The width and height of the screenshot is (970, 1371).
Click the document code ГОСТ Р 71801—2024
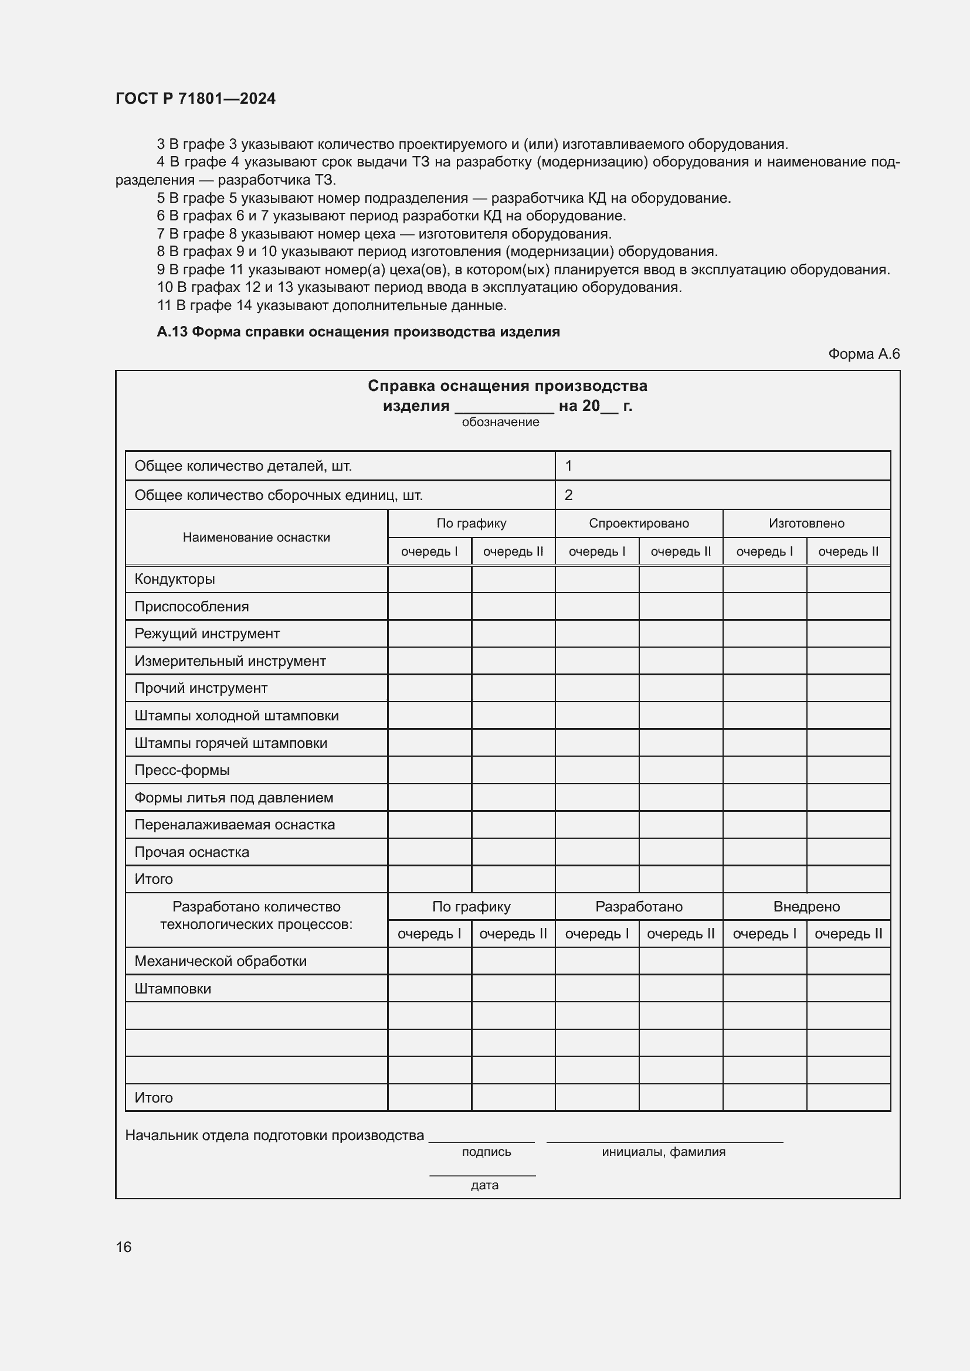point(195,98)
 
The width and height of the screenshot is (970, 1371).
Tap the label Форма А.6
point(863,354)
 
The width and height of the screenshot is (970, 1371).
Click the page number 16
point(124,1247)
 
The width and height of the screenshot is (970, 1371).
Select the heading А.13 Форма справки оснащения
point(358,332)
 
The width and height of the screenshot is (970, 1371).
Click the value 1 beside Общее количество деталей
point(568,466)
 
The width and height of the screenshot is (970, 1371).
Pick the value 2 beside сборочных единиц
point(568,495)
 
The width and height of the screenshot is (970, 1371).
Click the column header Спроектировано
point(639,523)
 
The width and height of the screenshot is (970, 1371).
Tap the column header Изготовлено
point(806,523)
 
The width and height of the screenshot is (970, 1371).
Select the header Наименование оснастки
point(256,537)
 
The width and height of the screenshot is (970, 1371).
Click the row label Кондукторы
point(174,579)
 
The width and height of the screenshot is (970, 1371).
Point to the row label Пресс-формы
point(182,770)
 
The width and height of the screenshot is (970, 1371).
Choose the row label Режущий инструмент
point(206,634)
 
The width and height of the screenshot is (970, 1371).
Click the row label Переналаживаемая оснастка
point(234,825)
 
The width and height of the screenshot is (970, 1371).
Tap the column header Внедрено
point(806,906)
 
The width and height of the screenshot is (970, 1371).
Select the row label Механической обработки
point(220,961)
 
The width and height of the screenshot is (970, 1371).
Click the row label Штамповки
point(172,989)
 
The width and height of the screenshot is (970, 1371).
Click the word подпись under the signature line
point(486,1152)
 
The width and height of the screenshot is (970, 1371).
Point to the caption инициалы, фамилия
point(663,1152)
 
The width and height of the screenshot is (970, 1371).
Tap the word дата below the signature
point(484,1185)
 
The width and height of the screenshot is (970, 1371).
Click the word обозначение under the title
point(500,422)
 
